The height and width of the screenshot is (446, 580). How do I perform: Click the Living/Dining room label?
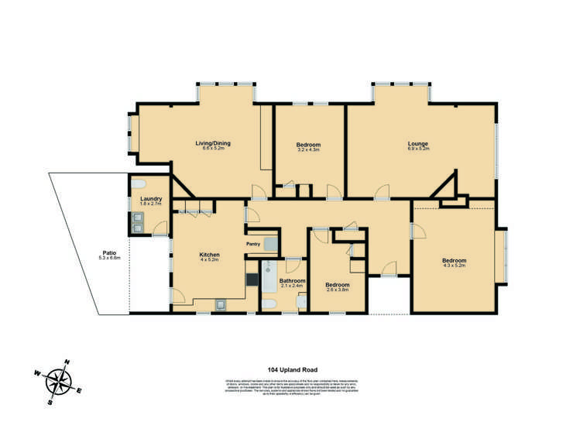tap(212, 142)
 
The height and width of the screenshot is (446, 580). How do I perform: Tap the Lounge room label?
tap(418, 142)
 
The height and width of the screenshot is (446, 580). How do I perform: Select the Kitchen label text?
tap(210, 255)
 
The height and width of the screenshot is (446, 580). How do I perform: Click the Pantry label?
tap(252, 245)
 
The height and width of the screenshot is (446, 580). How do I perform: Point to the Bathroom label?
tap(293, 280)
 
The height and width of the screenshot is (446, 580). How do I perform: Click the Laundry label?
tap(151, 199)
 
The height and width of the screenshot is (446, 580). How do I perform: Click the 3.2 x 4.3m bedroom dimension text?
tap(308, 150)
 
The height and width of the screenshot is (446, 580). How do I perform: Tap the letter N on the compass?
tap(67, 362)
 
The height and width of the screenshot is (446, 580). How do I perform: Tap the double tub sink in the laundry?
tap(137, 222)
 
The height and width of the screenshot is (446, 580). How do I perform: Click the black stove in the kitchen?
tap(252, 280)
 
